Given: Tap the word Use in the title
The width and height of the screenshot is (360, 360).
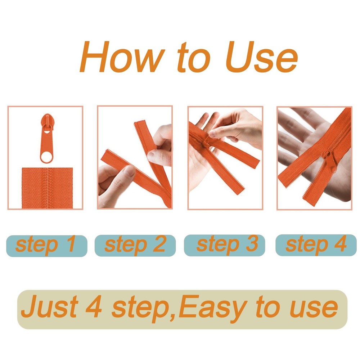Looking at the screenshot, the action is tap(261, 57).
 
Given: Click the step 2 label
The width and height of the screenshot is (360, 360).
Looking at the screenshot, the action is tap(135, 245).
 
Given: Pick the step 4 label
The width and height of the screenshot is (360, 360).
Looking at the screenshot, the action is tap(316, 244).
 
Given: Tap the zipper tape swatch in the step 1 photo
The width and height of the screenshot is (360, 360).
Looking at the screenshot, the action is tap(47, 188).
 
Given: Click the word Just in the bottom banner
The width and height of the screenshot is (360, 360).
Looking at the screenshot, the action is tap(50, 307).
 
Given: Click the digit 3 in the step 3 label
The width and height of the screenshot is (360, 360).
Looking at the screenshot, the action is tap(252, 243).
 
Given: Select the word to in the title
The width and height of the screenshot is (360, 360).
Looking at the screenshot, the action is tap(194, 57).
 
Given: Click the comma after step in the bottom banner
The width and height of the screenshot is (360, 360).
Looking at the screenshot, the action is tap(172, 317).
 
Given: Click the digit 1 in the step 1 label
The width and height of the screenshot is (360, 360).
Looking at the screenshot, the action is tap(71, 243).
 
